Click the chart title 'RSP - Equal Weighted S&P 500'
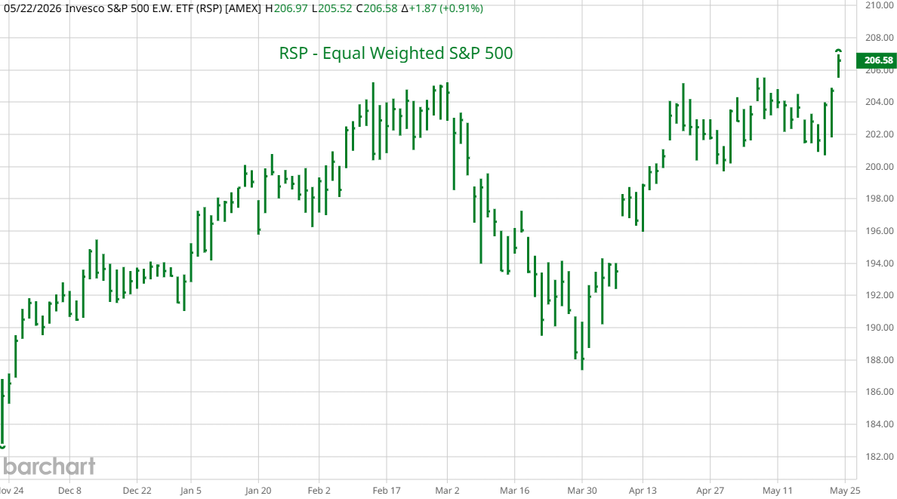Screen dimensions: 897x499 coord(396,53)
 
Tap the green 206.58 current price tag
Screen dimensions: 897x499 coord(876,60)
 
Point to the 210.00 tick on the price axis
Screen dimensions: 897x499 coord(880,5)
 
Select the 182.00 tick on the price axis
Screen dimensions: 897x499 coord(880,456)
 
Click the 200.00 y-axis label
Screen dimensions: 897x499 coord(880,167)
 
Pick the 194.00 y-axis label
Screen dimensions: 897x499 coord(880,263)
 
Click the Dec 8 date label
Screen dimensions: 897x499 coord(69,491)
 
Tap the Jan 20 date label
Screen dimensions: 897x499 coord(258,491)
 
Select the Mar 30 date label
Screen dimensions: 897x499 coord(582,491)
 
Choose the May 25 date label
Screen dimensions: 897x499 coord(845,491)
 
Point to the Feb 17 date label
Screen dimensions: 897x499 coord(386,491)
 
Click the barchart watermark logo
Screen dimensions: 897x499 coord(49,467)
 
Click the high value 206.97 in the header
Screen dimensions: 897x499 coord(291,8)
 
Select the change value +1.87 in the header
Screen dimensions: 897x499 coord(423,8)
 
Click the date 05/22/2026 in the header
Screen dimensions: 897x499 coord(33,8)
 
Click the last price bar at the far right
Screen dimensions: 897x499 coord(839,63)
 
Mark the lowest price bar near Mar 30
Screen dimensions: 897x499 coord(582,346)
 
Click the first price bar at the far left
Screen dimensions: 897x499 coord(3,413)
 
